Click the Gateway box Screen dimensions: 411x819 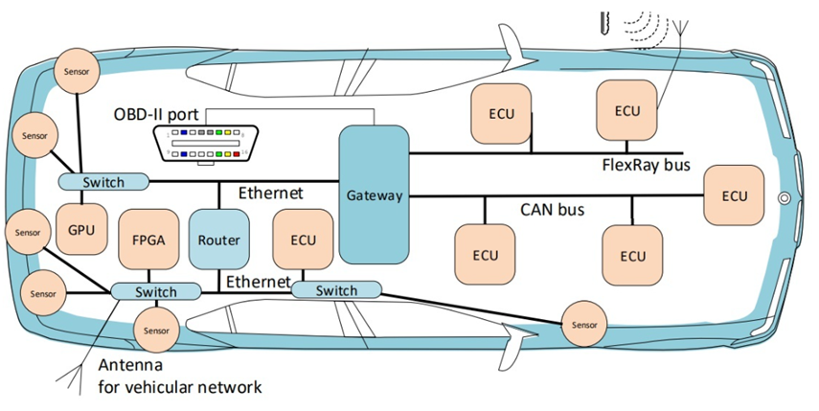tap(373, 194)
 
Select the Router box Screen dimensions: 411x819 tap(219, 240)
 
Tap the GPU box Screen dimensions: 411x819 tap(80, 231)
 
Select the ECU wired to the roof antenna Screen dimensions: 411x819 tap(627, 110)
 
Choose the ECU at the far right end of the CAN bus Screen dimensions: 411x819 tap(735, 196)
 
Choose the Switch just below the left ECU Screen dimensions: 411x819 tap(335, 289)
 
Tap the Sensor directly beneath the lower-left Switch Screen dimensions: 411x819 tap(155, 331)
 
